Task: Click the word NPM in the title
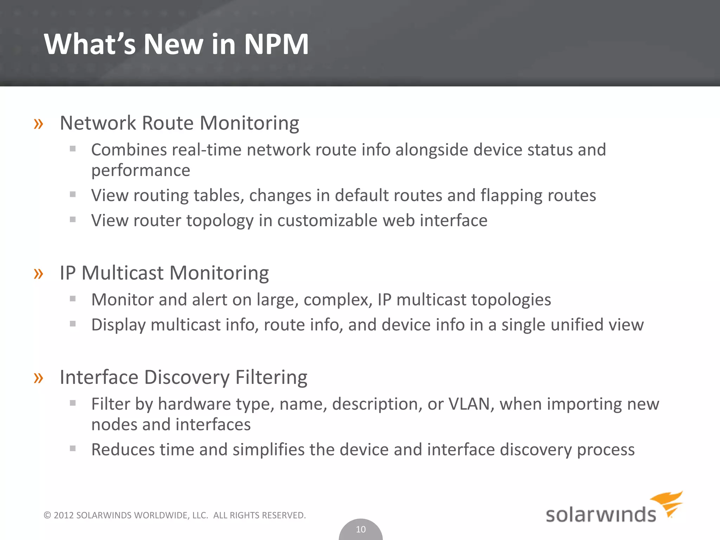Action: [276, 44]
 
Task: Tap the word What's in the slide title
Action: [90, 44]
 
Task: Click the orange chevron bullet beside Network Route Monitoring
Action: [38, 124]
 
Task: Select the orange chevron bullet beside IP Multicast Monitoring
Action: [38, 274]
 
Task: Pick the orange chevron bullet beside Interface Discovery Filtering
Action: [38, 378]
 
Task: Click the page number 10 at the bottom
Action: [361, 529]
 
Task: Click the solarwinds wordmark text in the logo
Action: [600, 515]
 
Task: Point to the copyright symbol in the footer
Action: [47, 515]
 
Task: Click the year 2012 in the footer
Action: [64, 515]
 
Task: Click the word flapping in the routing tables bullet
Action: [513, 195]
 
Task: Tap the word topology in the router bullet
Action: [220, 221]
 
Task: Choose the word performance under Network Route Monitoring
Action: [141, 171]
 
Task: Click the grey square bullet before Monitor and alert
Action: [73, 299]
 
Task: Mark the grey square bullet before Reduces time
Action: [73, 448]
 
